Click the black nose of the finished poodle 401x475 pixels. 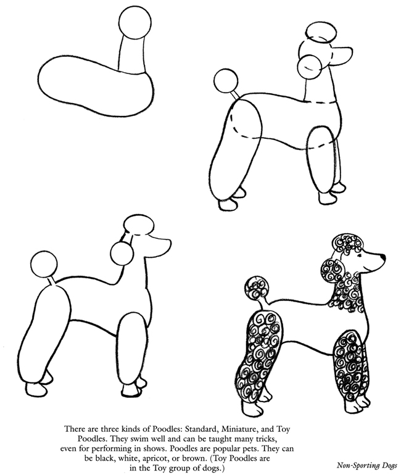point(382,254)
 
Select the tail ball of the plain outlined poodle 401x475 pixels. point(44,263)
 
